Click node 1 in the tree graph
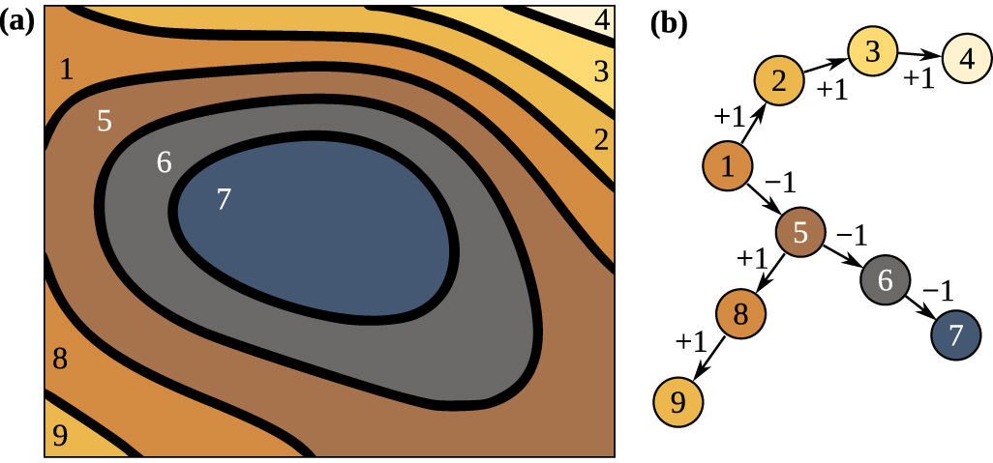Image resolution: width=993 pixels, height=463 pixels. (x=729, y=165)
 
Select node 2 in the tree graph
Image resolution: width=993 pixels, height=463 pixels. (x=783, y=81)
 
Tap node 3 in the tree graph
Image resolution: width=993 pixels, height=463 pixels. (x=874, y=50)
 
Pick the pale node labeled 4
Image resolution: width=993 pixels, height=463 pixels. (x=966, y=58)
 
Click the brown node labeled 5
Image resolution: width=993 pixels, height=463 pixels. (x=800, y=233)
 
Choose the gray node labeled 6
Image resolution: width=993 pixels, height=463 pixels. (x=885, y=279)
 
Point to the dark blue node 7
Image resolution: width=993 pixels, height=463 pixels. (x=955, y=335)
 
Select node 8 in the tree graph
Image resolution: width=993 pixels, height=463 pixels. (x=741, y=315)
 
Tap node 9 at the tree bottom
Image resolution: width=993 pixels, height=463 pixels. (x=678, y=401)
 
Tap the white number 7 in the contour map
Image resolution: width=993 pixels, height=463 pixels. (x=224, y=199)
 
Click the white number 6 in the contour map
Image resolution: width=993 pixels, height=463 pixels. (x=165, y=162)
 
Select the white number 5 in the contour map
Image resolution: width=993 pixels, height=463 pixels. (x=105, y=122)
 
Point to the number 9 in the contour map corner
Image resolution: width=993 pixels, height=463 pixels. (x=60, y=437)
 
